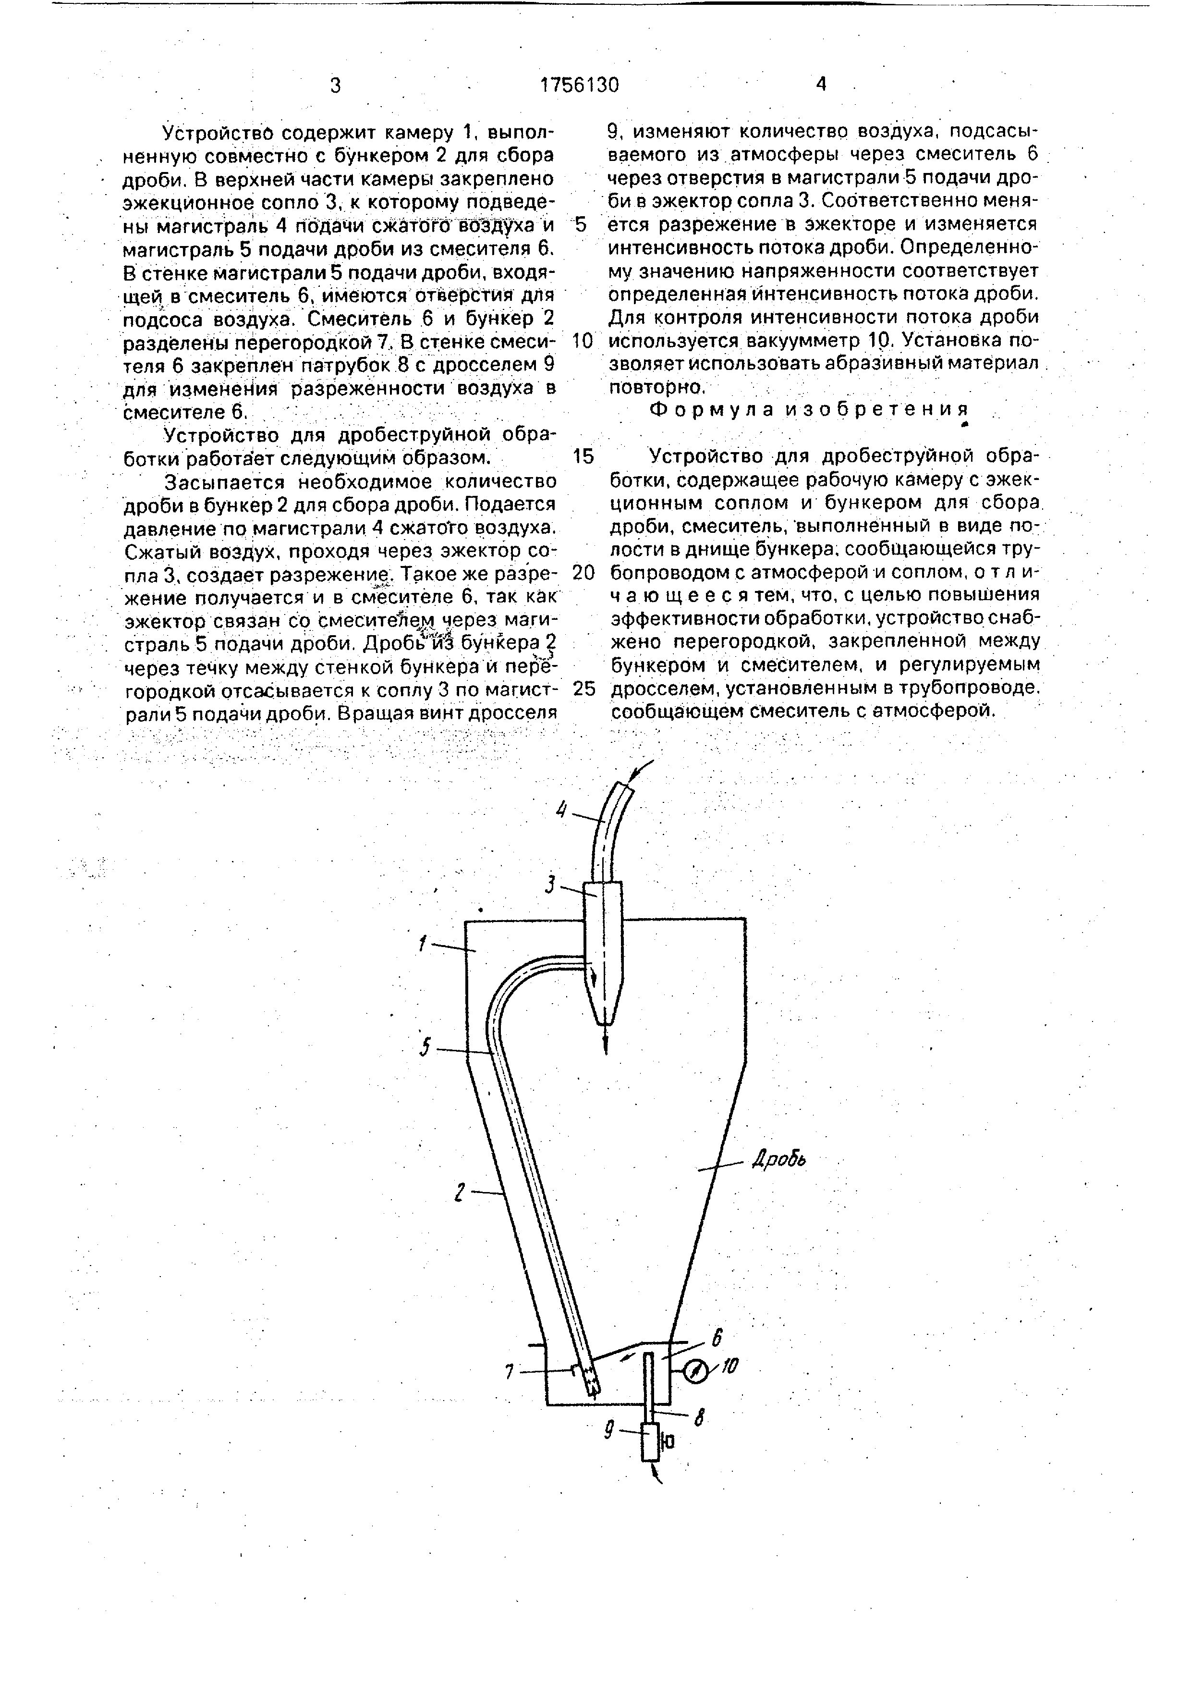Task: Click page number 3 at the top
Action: point(336,86)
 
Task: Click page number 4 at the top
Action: point(821,85)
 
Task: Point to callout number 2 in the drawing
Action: point(459,1193)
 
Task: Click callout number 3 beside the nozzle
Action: point(550,886)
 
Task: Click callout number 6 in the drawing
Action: point(717,1337)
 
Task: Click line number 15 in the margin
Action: point(583,456)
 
